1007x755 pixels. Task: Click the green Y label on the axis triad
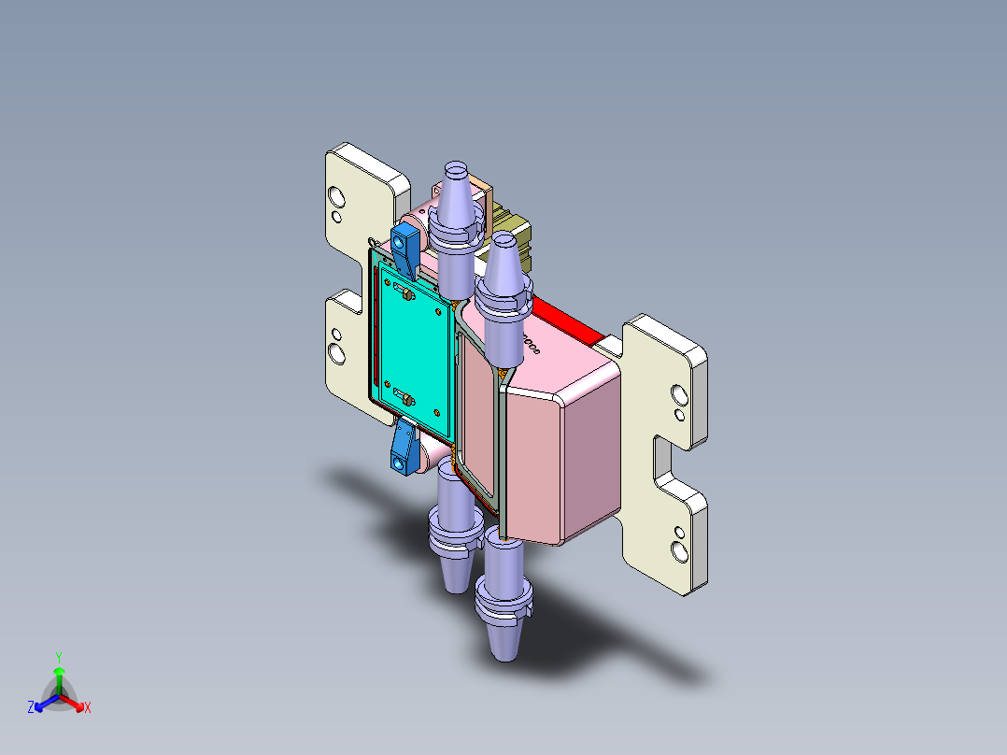coord(58,657)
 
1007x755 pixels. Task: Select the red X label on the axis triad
coord(88,708)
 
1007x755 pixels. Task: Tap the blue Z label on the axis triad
coord(30,708)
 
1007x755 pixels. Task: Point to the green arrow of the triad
coord(59,677)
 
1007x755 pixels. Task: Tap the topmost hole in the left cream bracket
coord(334,197)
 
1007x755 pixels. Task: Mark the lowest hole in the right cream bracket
coord(679,550)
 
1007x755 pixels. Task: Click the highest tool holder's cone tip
coord(455,169)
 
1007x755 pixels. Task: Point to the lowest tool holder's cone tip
coord(503,649)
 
